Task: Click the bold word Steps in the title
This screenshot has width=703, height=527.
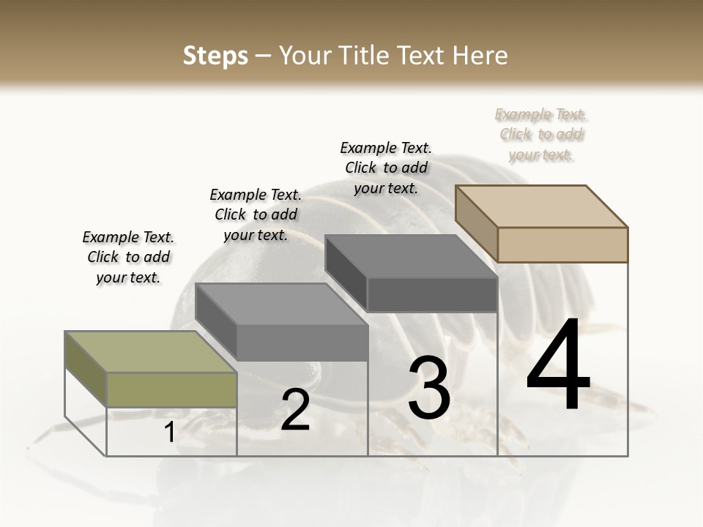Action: [215, 56]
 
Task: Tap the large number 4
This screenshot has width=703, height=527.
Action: [558, 365]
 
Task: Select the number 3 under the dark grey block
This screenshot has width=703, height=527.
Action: [429, 388]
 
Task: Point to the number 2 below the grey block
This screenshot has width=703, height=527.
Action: [295, 410]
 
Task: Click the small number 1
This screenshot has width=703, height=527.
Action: [169, 433]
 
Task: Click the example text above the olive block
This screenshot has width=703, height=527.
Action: [128, 257]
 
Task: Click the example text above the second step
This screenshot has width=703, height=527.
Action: [256, 214]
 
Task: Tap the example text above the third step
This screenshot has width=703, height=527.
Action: [386, 168]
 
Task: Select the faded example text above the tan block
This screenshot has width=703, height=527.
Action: [541, 134]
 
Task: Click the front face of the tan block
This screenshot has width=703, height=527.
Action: [562, 244]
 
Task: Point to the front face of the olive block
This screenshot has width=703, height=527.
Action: [171, 389]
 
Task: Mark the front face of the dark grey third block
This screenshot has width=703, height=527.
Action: [432, 295]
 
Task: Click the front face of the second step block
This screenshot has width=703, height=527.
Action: [302, 343]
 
